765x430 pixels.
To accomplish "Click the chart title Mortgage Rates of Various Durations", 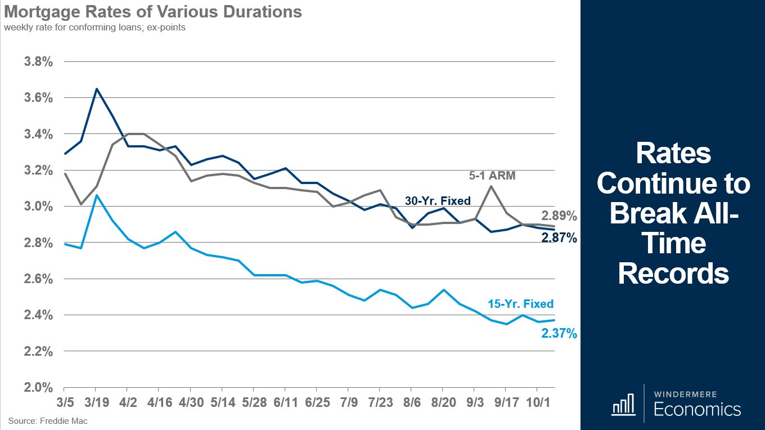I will coord(153,12).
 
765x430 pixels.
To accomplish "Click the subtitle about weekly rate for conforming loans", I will coord(94,27).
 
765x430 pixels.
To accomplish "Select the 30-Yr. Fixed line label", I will coord(438,200).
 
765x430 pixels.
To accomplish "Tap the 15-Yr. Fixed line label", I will coord(520,304).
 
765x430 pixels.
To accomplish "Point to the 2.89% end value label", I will coord(559,216).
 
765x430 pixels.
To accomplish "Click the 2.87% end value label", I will coord(559,238).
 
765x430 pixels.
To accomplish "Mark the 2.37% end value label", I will coord(559,334).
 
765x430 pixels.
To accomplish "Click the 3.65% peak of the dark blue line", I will coord(96,88).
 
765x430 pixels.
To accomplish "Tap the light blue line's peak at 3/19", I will coord(96,195).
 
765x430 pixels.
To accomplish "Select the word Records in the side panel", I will coord(673,274).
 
